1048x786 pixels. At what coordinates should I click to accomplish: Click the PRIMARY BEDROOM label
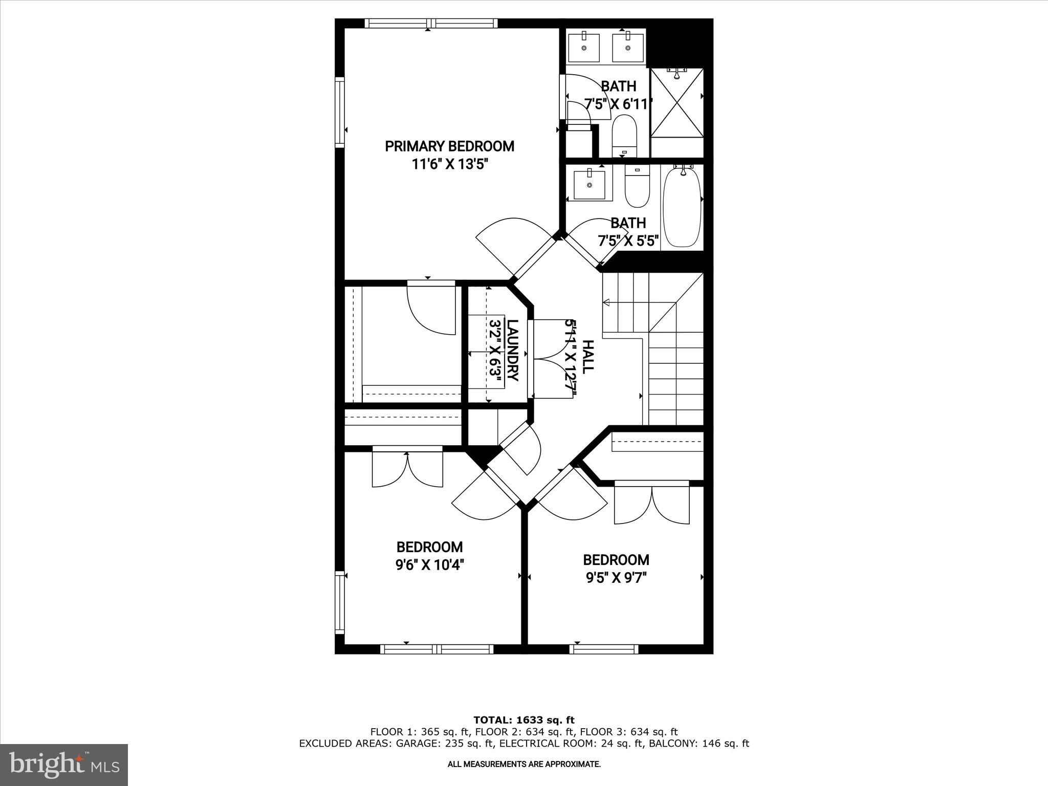449,146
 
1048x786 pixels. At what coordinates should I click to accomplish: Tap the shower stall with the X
676,102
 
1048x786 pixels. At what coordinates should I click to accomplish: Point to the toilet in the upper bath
624,136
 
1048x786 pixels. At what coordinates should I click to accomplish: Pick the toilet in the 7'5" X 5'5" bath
637,187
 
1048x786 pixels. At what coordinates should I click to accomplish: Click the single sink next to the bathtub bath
589,185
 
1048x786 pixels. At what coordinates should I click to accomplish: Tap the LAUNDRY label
512,351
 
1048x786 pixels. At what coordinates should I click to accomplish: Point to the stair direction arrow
606,302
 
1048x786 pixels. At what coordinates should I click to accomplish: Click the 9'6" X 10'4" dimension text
430,565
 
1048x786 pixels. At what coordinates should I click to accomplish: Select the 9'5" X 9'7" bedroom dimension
616,578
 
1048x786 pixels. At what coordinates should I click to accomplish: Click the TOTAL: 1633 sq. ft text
524,720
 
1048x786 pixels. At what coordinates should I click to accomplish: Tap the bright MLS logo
64,763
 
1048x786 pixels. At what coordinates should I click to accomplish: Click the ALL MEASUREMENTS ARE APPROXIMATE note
524,765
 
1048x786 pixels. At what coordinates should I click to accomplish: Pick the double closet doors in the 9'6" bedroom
407,468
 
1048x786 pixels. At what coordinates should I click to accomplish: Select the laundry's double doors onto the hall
548,358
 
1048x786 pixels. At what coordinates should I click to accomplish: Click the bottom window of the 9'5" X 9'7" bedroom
604,649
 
